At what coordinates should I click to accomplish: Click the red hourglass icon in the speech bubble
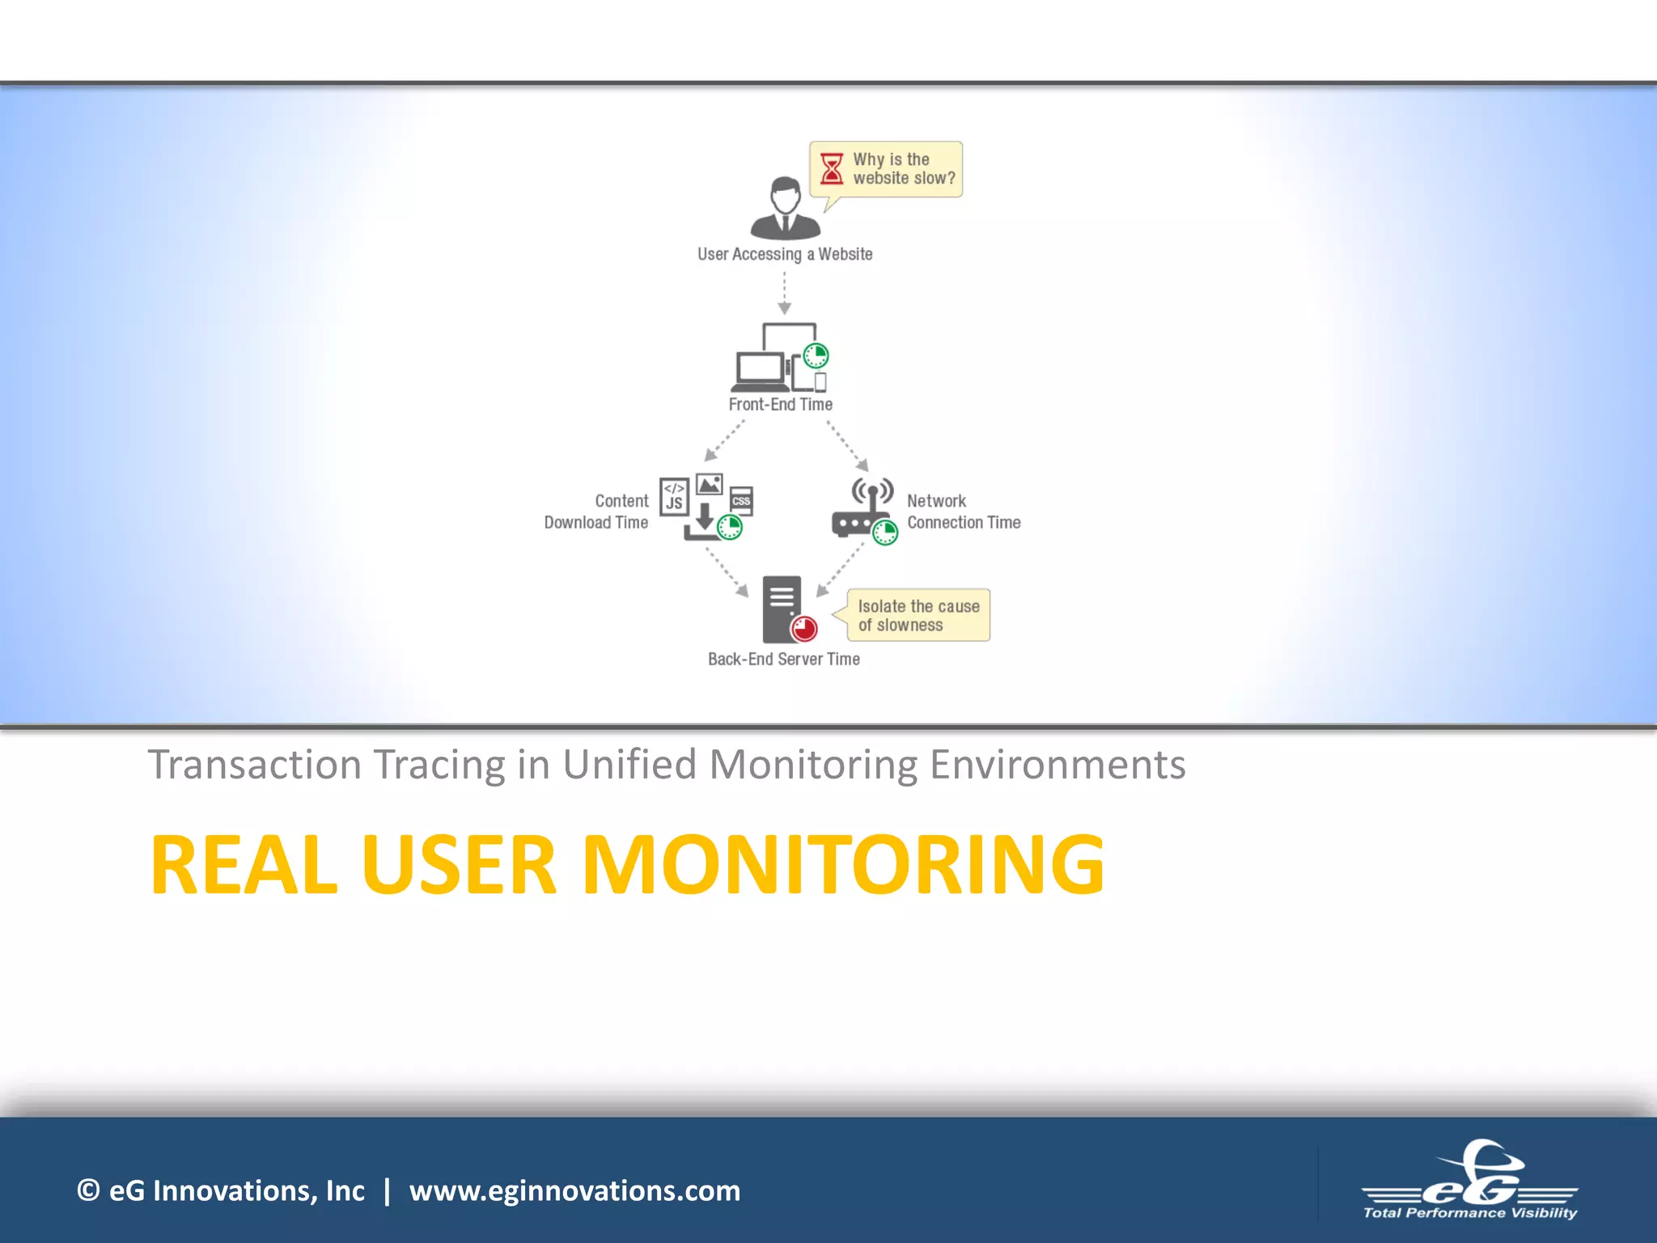tap(831, 169)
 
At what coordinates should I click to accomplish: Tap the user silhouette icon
tap(785, 208)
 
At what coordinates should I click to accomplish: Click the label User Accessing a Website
tap(785, 254)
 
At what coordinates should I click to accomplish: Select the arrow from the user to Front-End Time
tap(784, 293)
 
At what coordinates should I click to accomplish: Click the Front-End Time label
tap(781, 405)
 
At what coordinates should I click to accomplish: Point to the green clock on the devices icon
tap(816, 355)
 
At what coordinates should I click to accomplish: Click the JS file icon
tap(674, 497)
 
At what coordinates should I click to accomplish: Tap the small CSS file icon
tap(741, 501)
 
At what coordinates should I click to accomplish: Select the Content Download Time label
tap(597, 511)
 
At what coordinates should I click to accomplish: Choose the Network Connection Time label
tap(963, 511)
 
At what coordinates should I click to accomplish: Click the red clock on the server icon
tap(804, 628)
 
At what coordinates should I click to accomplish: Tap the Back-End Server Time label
tap(784, 660)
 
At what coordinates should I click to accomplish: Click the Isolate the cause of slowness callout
tap(918, 616)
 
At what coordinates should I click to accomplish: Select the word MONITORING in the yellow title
tap(843, 865)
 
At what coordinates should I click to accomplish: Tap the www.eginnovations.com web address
tap(574, 1190)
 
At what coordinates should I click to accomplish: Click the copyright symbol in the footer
tap(88, 1190)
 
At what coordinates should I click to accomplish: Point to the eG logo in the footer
tap(1470, 1181)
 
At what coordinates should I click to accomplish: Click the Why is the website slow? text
tap(904, 169)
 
